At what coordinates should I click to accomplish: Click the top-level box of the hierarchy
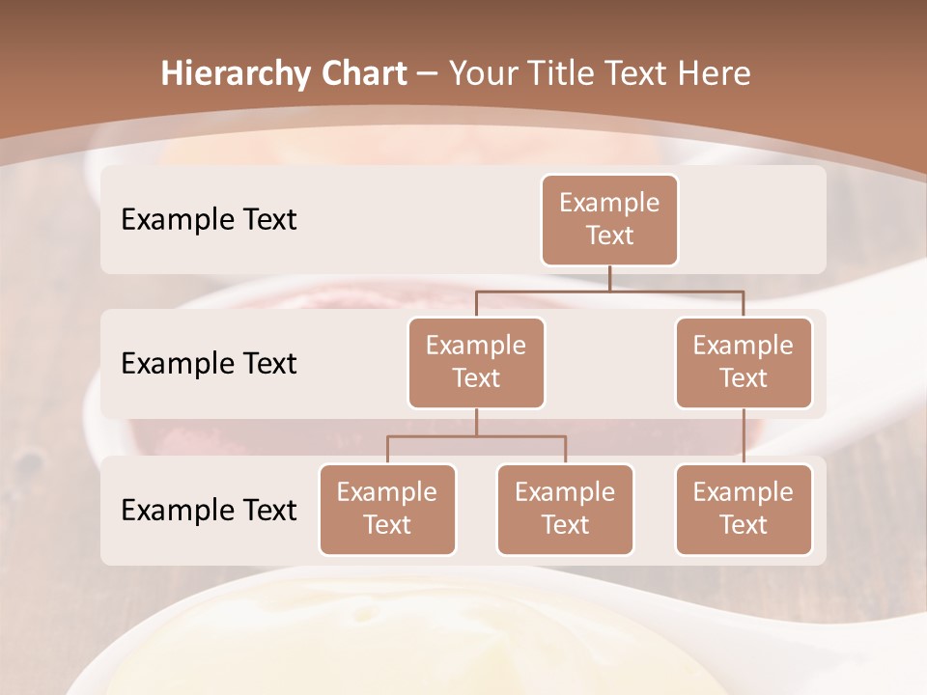click(x=609, y=219)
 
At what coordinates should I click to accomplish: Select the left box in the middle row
click(x=476, y=362)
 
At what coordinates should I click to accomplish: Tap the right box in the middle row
click(x=744, y=362)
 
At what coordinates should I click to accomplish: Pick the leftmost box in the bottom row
click(x=387, y=509)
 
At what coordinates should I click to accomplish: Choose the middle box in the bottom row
click(x=565, y=509)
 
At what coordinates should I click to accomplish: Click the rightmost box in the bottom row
click(x=744, y=509)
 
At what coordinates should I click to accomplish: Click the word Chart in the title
click(x=363, y=74)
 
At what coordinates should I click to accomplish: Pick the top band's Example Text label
click(x=209, y=219)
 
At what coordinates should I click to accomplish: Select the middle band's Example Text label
click(x=209, y=363)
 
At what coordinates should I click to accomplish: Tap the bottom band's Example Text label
click(x=209, y=510)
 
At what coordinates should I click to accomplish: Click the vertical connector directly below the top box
click(x=609, y=278)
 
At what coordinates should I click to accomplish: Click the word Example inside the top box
click(x=609, y=203)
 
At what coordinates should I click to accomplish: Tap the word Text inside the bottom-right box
click(x=744, y=525)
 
